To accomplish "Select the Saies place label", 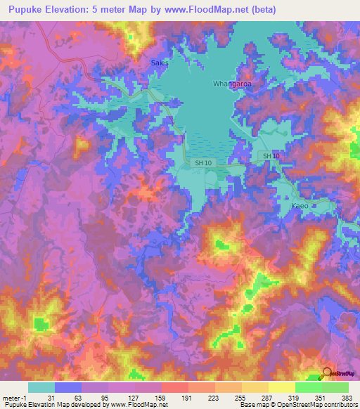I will tap(160, 63).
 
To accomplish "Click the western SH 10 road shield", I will tap(202, 163).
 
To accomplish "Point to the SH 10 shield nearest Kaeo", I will tap(271, 155).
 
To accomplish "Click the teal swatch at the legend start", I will tap(41, 387).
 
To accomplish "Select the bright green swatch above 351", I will tap(308, 387).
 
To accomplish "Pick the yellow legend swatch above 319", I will tap(281, 387).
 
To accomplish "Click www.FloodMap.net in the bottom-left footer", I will tap(139, 405).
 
